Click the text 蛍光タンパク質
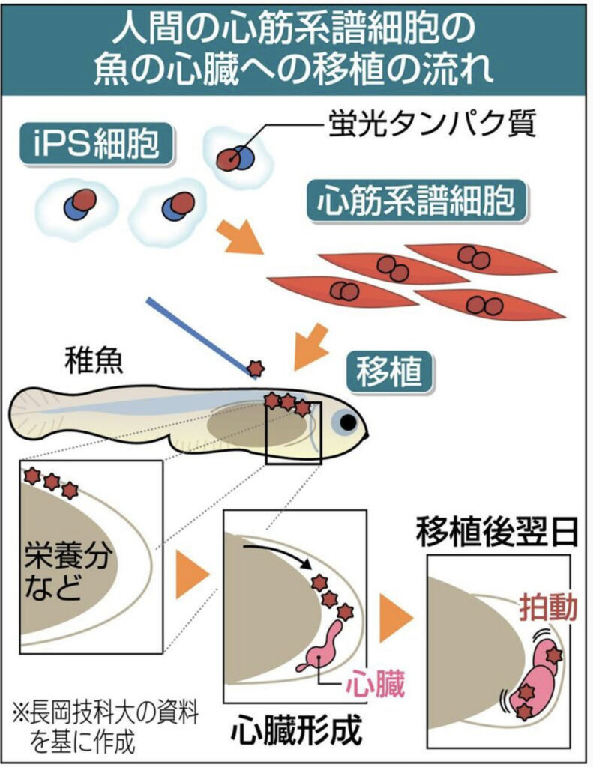(433, 124)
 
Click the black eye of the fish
(348, 422)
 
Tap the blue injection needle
(198, 333)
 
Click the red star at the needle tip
(256, 368)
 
